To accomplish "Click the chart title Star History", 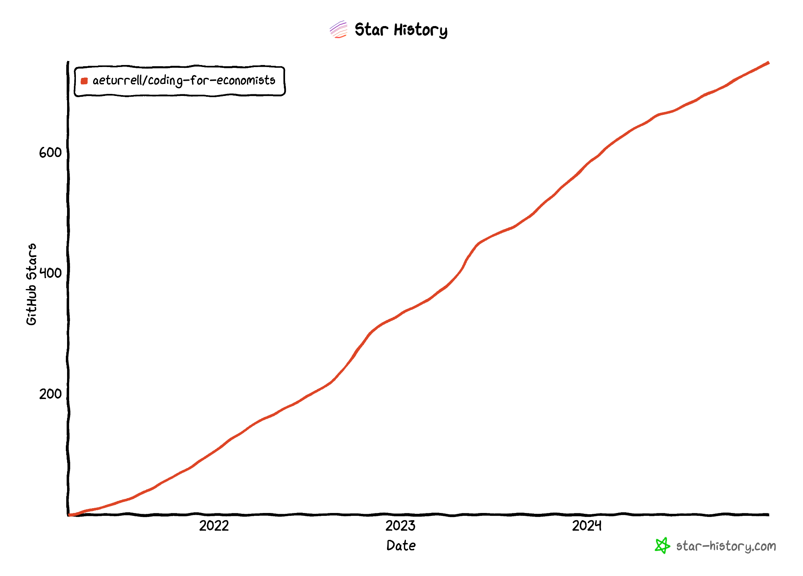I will (x=401, y=30).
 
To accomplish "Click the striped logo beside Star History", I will (x=338, y=29).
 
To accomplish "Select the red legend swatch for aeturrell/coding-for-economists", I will (x=84, y=81).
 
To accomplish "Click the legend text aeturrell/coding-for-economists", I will (x=184, y=81).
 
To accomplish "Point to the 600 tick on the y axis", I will (x=50, y=153).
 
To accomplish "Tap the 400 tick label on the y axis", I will (x=50, y=273).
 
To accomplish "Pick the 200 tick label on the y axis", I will (x=50, y=394).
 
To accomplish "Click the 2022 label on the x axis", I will (x=214, y=526).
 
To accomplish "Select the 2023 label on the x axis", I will (x=400, y=526).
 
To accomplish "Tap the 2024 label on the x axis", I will (x=587, y=526).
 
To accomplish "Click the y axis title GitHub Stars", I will (x=31, y=284).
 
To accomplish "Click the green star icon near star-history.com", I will (x=662, y=546).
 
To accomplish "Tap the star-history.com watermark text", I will (x=726, y=546).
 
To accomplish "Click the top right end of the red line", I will (x=768, y=63).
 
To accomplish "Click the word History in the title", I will (x=420, y=30).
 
